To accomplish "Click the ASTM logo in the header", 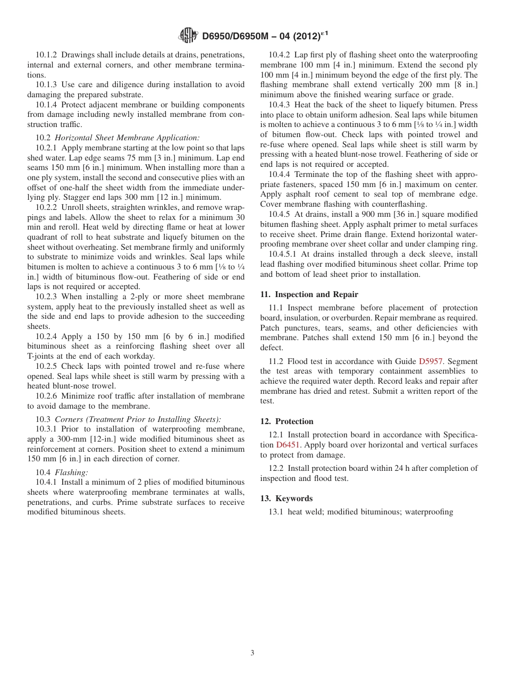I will click(188, 36).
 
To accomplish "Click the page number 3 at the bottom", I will click(252, 653).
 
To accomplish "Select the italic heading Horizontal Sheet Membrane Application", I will click(127, 138).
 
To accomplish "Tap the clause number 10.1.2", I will click(47, 55).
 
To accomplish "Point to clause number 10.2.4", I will click(47, 336).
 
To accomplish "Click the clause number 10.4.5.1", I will click(287, 254).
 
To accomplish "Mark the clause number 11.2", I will click(277, 361).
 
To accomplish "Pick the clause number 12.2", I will click(277, 468).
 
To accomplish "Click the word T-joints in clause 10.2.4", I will click(44, 356).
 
